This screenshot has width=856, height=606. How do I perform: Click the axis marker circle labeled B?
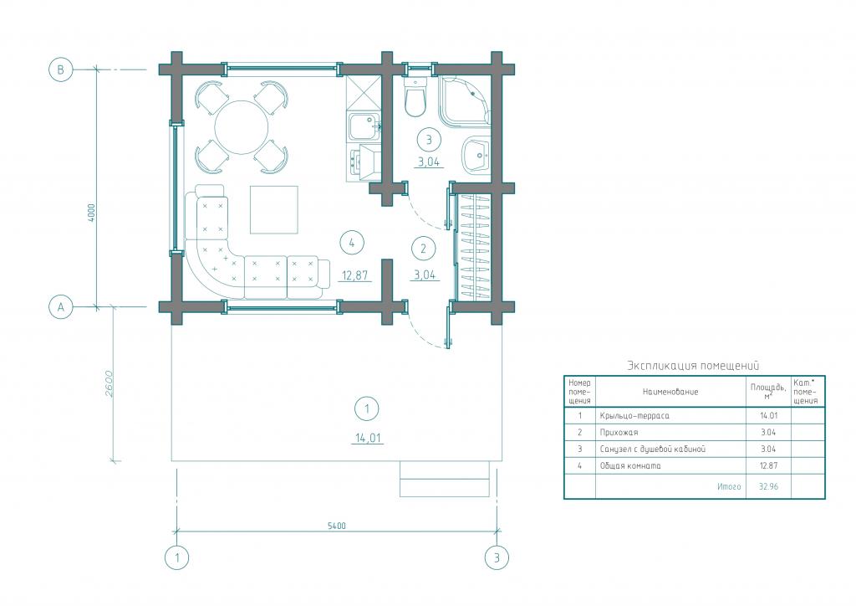(x=60, y=70)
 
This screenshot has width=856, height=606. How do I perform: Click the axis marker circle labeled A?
(x=60, y=307)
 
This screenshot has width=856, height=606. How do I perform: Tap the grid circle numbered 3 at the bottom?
(x=497, y=558)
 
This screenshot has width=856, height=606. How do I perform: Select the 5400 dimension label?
(x=337, y=526)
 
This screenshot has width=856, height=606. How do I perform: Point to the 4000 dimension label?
(x=92, y=213)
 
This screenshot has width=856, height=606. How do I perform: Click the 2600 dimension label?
(x=109, y=384)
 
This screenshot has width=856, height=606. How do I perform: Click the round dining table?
(x=242, y=127)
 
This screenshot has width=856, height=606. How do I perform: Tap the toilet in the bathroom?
(x=415, y=97)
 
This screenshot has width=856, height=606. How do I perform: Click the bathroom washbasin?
(x=476, y=155)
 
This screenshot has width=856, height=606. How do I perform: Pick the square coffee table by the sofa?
(x=274, y=210)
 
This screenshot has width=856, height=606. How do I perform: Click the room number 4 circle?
(x=352, y=243)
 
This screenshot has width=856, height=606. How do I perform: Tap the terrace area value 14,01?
(x=369, y=438)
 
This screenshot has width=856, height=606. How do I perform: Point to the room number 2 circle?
(x=424, y=249)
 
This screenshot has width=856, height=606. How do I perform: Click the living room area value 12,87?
(x=354, y=275)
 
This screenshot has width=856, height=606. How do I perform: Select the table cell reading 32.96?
(x=768, y=486)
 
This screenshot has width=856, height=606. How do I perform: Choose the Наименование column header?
(x=670, y=392)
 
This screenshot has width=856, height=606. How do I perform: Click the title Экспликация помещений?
(x=693, y=366)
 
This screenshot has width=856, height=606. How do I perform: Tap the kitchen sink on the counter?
(x=362, y=126)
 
